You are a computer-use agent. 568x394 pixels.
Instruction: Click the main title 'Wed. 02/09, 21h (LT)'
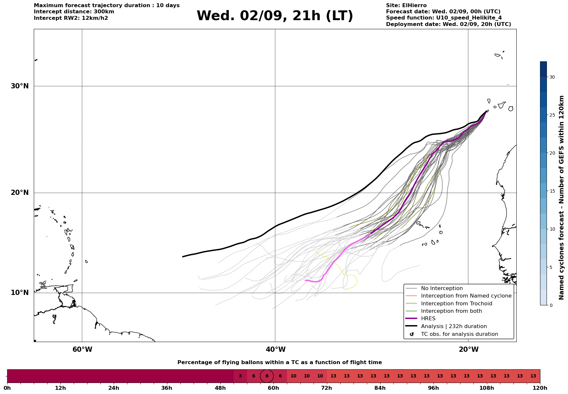[275, 16]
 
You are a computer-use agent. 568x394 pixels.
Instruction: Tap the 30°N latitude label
[20, 86]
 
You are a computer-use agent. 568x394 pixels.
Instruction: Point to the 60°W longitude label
[82, 350]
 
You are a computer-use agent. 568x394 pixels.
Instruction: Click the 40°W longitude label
[276, 350]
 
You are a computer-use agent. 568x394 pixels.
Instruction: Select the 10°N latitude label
[20, 293]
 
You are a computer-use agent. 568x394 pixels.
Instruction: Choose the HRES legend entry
[428, 319]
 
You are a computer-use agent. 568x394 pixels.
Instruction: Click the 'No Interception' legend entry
[442, 288]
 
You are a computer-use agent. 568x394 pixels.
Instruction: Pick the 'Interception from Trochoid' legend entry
[457, 304]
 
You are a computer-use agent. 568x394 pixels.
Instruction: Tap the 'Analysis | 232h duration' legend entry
[454, 326]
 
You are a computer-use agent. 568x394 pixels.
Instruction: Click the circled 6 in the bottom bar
[267, 376]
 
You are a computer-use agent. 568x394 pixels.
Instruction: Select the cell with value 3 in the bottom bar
[240, 376]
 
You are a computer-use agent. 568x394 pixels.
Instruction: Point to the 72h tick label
[327, 388]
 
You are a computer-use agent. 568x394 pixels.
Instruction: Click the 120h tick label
[540, 388]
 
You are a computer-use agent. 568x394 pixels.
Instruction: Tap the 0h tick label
[7, 388]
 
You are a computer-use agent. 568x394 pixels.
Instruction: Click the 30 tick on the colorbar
[552, 77]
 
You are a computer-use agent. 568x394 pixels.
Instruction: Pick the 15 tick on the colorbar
[552, 191]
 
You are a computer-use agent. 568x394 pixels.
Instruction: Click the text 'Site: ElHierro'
[406, 6]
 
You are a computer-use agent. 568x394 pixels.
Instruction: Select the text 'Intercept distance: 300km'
[74, 12]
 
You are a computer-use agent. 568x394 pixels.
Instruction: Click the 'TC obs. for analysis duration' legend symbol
[412, 334]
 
